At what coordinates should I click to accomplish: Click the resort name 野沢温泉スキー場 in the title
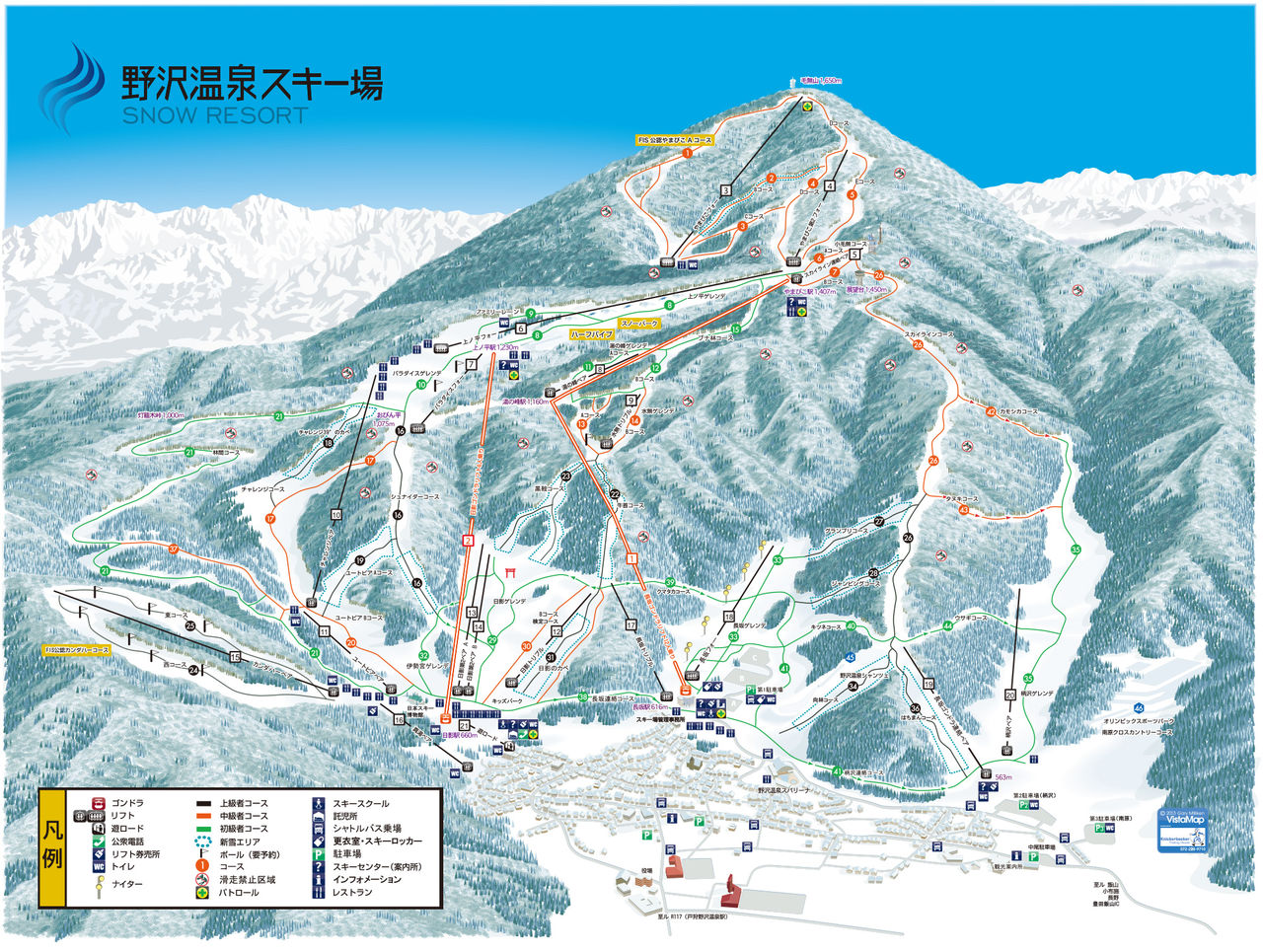pos(251,83)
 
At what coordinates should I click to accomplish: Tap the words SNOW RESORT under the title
pos(215,115)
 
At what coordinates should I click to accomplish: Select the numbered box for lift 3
pos(725,189)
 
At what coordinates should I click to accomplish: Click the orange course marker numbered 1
pos(688,153)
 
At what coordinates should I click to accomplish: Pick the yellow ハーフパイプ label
pos(590,334)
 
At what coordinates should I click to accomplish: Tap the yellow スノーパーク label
pos(638,323)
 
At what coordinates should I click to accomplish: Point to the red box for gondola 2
pos(469,540)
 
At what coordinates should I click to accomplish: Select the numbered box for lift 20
pos(1009,694)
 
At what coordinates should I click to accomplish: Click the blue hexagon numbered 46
pos(1139,706)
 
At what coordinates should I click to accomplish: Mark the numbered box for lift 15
pos(235,656)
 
